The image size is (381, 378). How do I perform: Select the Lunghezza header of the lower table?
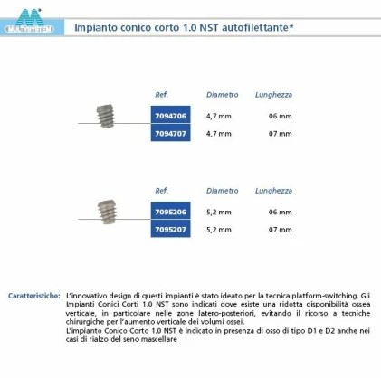[273, 191]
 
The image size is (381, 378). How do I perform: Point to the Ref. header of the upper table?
[162, 94]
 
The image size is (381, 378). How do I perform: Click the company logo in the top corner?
[28, 20]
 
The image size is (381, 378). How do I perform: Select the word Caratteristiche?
[34, 296]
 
